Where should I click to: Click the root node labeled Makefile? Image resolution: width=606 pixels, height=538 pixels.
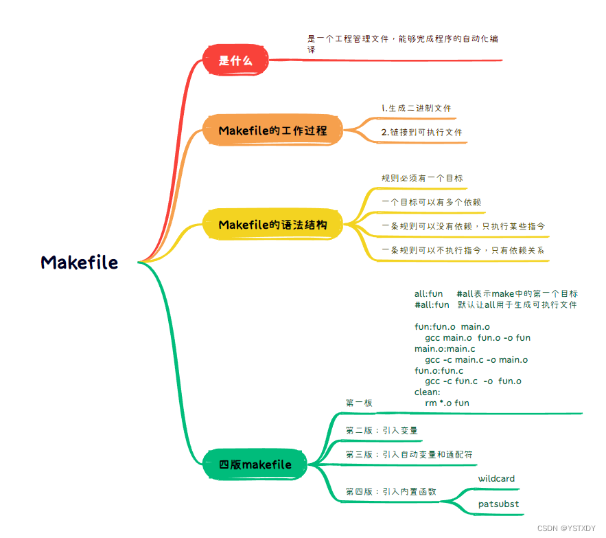pyautogui.click(x=80, y=262)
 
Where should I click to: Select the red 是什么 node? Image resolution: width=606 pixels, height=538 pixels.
pyautogui.click(x=235, y=60)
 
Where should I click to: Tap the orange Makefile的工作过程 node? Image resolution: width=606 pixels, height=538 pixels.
pyautogui.click(x=272, y=131)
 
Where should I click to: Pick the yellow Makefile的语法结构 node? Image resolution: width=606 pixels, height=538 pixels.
pyautogui.click(x=272, y=225)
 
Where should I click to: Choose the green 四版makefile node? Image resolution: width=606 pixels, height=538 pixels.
pyautogui.click(x=255, y=465)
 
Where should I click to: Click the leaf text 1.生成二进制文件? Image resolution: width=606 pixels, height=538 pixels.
pyautogui.click(x=416, y=109)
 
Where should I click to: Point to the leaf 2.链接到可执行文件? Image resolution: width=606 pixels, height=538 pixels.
pyautogui.click(x=421, y=132)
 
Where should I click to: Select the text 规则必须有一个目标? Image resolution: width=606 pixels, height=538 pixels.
pyautogui.click(x=422, y=179)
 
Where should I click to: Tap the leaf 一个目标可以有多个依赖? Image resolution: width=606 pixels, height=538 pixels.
pyautogui.click(x=431, y=203)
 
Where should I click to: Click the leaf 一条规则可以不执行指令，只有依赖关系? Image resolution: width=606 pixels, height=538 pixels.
pyautogui.click(x=463, y=250)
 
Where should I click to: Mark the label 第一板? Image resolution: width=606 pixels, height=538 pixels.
pyautogui.click(x=359, y=403)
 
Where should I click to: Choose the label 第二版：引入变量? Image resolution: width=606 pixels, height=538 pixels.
pyautogui.click(x=382, y=431)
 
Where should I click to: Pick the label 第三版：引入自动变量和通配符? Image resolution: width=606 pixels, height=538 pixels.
pyautogui.click(x=408, y=455)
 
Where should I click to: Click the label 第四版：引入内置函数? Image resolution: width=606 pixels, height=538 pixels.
pyautogui.click(x=391, y=492)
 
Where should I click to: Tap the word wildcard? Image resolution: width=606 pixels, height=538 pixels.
pyautogui.click(x=496, y=479)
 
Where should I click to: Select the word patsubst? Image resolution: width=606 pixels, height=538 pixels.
pyautogui.click(x=498, y=504)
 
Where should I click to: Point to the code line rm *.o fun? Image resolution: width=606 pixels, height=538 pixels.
pyautogui.click(x=447, y=403)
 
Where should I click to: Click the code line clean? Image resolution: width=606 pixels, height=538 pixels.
pyautogui.click(x=428, y=392)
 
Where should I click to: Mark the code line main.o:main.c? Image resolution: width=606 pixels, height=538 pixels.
pyautogui.click(x=445, y=349)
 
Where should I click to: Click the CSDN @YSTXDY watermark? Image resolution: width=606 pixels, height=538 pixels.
pyautogui.click(x=567, y=528)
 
